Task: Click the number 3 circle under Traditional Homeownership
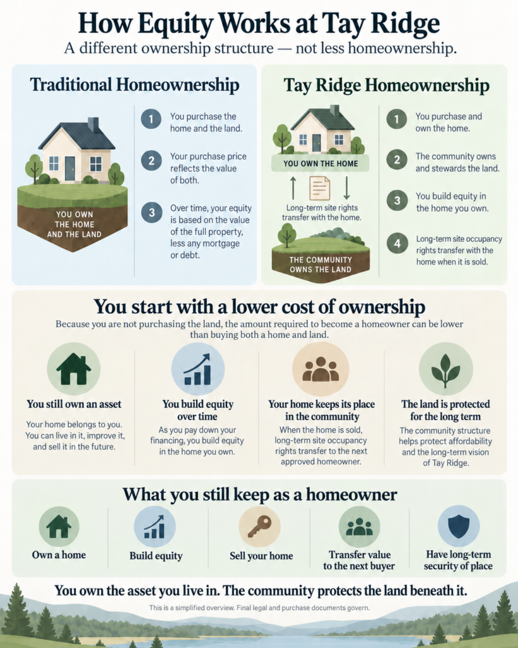pyautogui.click(x=152, y=213)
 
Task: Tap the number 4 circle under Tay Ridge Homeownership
pyautogui.click(x=397, y=243)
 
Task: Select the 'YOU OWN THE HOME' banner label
pyautogui.click(x=321, y=164)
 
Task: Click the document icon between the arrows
pyautogui.click(x=320, y=188)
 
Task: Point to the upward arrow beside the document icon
pyautogui.click(x=293, y=188)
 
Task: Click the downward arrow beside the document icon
pyautogui.click(x=347, y=188)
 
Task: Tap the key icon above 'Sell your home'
pyautogui.click(x=259, y=526)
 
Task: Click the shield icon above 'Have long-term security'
pyautogui.click(x=459, y=526)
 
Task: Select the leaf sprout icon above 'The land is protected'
pyautogui.click(x=445, y=370)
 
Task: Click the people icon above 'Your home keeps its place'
pyautogui.click(x=321, y=369)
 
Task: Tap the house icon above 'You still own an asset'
pyautogui.click(x=73, y=369)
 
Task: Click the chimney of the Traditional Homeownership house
pyautogui.click(x=94, y=125)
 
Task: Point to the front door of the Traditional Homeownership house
pyautogui.click(x=70, y=168)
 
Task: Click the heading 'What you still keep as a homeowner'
pyautogui.click(x=260, y=494)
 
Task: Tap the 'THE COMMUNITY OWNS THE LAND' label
pyautogui.click(x=321, y=265)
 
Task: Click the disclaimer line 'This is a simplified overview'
pyautogui.click(x=259, y=608)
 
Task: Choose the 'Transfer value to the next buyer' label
pyautogui.click(x=359, y=561)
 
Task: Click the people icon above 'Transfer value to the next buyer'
pyautogui.click(x=359, y=526)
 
